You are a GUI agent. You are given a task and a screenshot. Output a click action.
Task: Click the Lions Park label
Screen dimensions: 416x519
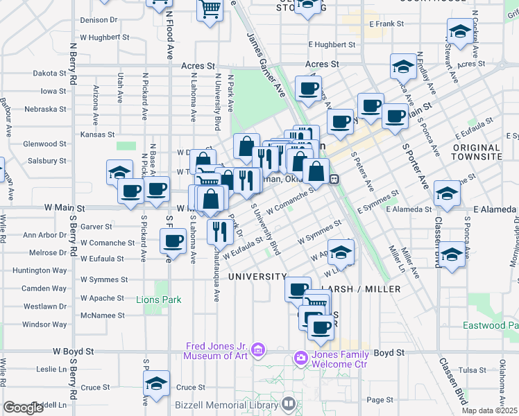[x=159, y=300]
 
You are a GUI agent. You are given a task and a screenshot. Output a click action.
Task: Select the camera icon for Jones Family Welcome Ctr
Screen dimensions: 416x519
[x=301, y=358]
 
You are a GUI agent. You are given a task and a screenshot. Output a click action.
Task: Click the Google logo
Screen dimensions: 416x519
[x=23, y=408]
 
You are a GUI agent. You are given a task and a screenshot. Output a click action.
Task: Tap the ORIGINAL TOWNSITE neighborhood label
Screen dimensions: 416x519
[x=477, y=153]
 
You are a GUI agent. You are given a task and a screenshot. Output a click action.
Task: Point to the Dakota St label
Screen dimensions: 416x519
[x=49, y=73]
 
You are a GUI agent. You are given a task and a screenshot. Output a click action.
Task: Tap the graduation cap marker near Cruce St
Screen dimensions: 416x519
[x=157, y=383]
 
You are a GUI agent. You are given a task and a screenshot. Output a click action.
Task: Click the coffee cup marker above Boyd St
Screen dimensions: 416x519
[x=321, y=327]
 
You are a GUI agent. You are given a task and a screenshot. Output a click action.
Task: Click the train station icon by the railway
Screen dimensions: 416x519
[x=334, y=179]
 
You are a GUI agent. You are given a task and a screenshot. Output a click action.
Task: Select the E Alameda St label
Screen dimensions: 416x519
[x=409, y=209]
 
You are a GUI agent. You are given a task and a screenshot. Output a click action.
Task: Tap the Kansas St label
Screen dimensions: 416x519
[x=97, y=135]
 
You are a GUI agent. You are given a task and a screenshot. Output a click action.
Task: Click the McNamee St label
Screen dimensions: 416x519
[x=102, y=315]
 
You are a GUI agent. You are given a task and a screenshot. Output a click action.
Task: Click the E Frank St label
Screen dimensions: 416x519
[x=386, y=24]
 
